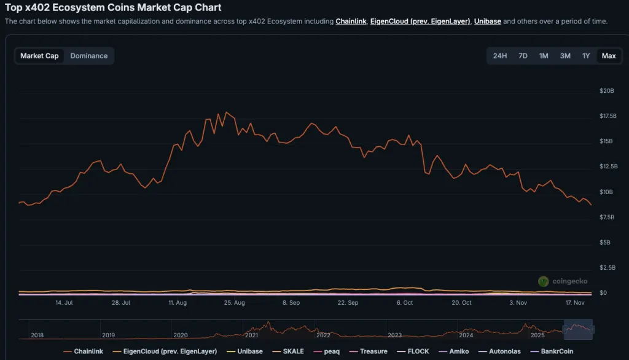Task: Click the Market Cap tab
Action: pyautogui.click(x=39, y=56)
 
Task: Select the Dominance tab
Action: pyautogui.click(x=89, y=56)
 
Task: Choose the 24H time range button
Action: pyautogui.click(x=500, y=56)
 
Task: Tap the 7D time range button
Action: pyautogui.click(x=523, y=56)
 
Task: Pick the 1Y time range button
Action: pyautogui.click(x=586, y=56)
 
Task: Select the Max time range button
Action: pyautogui.click(x=609, y=56)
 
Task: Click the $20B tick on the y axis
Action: pyautogui.click(x=607, y=91)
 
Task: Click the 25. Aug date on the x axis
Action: pyautogui.click(x=235, y=303)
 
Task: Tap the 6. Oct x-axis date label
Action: pyautogui.click(x=405, y=303)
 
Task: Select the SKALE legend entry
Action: pyautogui.click(x=292, y=351)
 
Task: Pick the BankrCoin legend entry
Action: pyautogui.click(x=556, y=351)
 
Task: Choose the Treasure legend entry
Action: pyautogui.click(x=373, y=351)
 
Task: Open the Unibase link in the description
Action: pyautogui.click(x=488, y=22)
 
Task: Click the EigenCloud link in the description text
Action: pyautogui.click(x=420, y=22)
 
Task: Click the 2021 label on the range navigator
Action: pyautogui.click(x=251, y=335)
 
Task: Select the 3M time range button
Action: pyautogui.click(x=565, y=56)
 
